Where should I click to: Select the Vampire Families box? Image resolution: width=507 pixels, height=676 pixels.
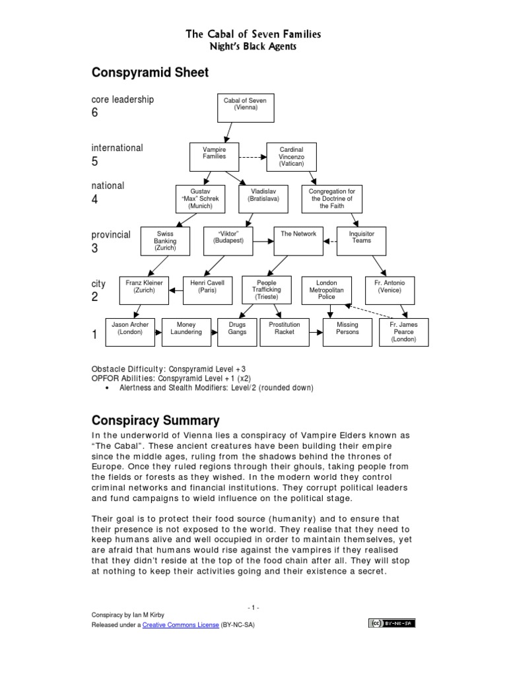point(213,156)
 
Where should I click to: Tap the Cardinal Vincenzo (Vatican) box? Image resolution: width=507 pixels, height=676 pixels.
point(291,157)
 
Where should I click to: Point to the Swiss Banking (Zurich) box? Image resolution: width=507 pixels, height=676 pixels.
point(165,242)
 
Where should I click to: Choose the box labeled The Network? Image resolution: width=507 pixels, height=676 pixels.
point(298,242)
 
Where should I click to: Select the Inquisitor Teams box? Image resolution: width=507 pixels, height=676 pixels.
point(361,242)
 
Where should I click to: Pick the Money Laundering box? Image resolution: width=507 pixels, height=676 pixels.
point(186,332)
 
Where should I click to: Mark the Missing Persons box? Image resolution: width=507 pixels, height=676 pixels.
point(347,332)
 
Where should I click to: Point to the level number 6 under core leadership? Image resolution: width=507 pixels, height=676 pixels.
point(94,113)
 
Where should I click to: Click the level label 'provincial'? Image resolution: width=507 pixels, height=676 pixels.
point(111,235)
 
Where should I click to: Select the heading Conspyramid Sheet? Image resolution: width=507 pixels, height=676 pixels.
point(150,73)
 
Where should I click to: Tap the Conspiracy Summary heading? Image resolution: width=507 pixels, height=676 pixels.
point(155,421)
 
